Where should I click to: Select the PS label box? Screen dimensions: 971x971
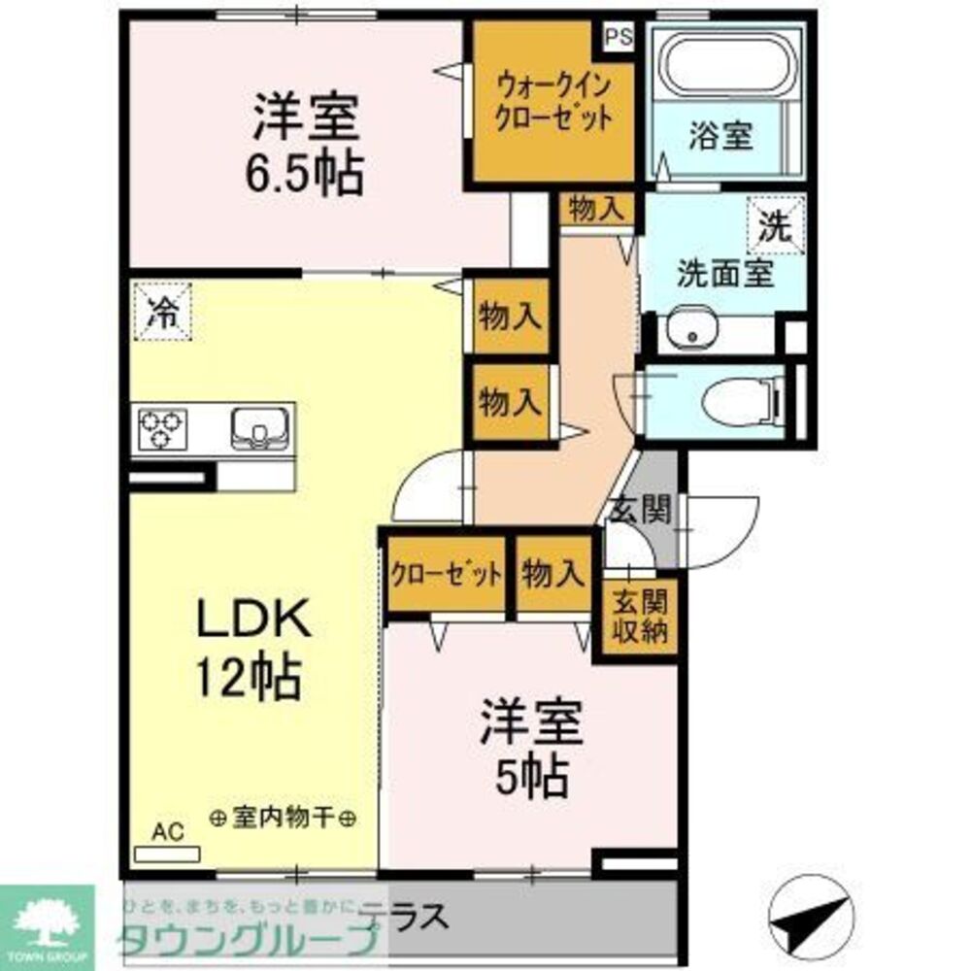[618, 38]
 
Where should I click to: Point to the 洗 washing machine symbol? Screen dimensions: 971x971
[775, 226]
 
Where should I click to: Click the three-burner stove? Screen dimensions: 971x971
[162, 428]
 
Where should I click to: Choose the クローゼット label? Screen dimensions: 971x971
[446, 575]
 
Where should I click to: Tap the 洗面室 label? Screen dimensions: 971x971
[724, 273]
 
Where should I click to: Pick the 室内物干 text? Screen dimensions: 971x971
[283, 819]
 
